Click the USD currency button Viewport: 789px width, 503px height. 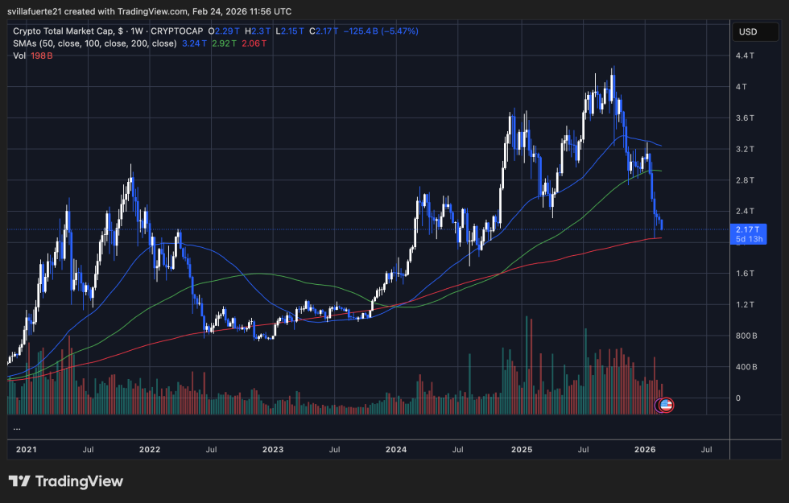(x=747, y=32)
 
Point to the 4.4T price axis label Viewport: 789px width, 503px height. (x=745, y=56)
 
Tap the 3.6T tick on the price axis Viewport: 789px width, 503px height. (x=745, y=118)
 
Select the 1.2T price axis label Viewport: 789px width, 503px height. (x=745, y=305)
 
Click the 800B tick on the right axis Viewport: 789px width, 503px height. (x=746, y=336)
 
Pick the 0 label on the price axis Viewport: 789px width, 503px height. (x=738, y=398)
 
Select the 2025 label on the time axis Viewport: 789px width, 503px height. (x=523, y=448)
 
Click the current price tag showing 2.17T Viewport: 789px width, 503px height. (x=746, y=229)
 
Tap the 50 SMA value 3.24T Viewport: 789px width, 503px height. (x=194, y=43)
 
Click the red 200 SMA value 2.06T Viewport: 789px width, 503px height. (x=254, y=43)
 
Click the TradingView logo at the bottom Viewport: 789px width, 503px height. (x=66, y=481)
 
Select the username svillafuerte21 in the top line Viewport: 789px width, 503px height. (x=44, y=11)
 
